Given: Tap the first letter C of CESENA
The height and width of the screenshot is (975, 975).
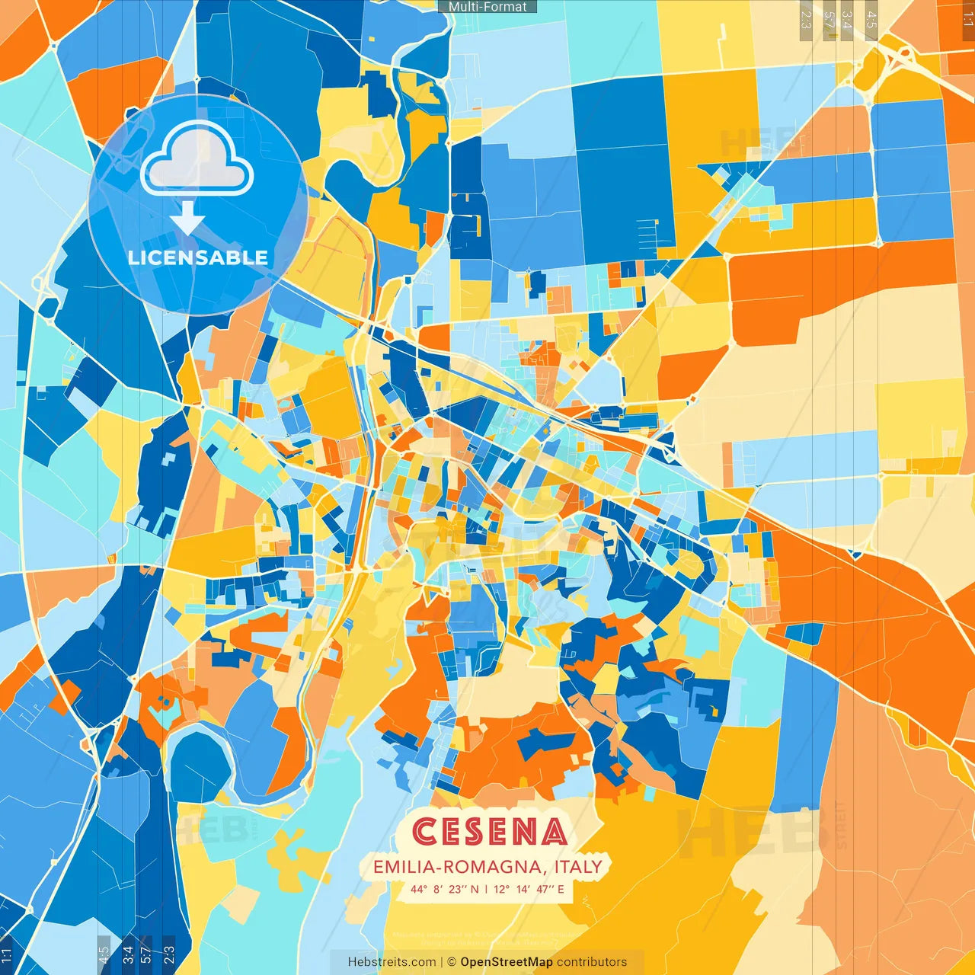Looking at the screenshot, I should click(424, 832).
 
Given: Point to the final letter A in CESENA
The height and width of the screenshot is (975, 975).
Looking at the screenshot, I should click(555, 832).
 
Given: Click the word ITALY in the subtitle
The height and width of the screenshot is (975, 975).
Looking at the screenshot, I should click(578, 867).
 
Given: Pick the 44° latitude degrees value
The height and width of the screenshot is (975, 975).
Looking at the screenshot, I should click(419, 889).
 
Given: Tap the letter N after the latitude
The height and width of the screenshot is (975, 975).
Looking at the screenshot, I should click(475, 889).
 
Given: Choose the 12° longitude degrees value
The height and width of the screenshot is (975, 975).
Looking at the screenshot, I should click(501, 889).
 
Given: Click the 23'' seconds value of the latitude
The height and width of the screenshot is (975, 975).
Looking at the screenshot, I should click(456, 889).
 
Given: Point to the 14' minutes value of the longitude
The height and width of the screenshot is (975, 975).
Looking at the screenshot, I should click(523, 889).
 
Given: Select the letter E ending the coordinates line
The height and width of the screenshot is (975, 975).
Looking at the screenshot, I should click(561, 889).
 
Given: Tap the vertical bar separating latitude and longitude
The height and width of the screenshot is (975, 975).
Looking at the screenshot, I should click(487, 889).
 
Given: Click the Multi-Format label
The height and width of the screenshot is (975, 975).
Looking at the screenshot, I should click(487, 7).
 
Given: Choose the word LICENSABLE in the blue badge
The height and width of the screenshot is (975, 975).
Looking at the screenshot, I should click(198, 257).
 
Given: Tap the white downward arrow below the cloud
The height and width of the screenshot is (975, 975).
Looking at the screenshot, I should click(187, 218).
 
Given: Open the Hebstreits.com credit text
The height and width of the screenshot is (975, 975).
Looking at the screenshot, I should click(392, 962).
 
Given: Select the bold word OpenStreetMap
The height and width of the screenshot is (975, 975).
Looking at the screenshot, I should click(507, 962).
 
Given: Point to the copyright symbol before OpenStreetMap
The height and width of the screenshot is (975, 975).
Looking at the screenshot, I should click(452, 962).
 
